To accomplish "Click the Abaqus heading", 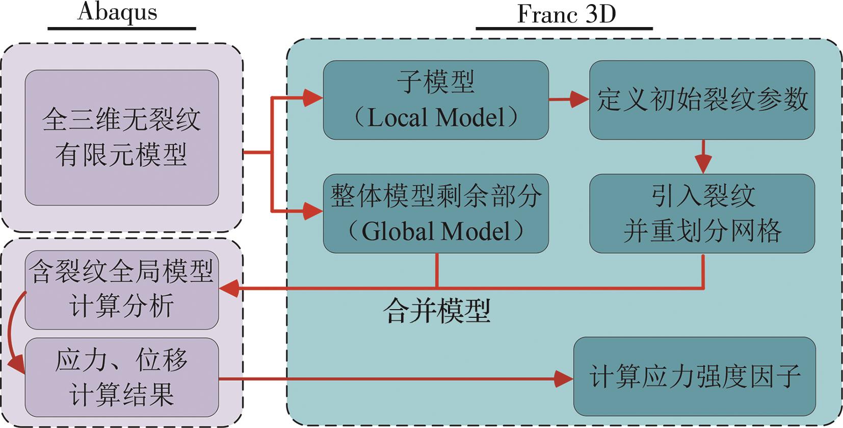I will click(x=117, y=12).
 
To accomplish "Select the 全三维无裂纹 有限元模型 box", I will click(x=122, y=137).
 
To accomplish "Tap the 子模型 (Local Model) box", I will click(x=436, y=100).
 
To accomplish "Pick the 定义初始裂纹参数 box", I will click(x=702, y=100).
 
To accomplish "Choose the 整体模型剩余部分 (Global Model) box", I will click(x=436, y=213).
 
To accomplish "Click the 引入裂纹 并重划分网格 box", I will click(x=702, y=213).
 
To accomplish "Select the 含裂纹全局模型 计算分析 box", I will click(x=122, y=289).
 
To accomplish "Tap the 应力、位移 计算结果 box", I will click(x=122, y=377).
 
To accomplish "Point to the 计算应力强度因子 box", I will click(x=694, y=376).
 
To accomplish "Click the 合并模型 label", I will click(x=437, y=311).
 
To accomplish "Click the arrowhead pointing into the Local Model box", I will click(x=313, y=97).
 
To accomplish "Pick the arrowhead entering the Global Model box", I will click(x=313, y=211).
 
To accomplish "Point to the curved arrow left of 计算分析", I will click(x=14, y=332).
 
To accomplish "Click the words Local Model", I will click(x=436, y=118).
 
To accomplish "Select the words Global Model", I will click(x=436, y=231).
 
